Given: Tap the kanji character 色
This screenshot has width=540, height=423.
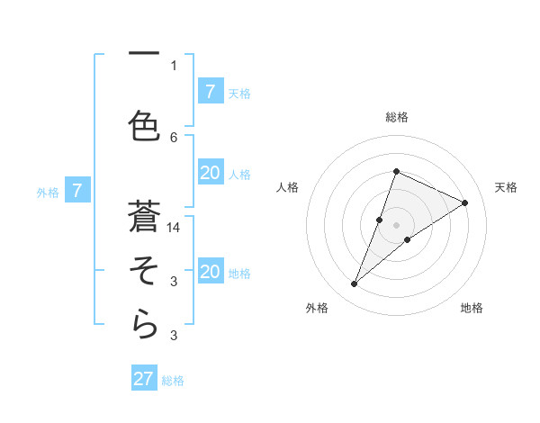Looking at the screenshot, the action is click(144, 123).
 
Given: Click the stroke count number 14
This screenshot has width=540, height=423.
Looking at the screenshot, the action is click(174, 228).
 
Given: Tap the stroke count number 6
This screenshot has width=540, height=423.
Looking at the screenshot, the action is click(174, 137).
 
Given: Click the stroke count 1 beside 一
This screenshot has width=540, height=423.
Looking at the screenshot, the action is click(174, 65).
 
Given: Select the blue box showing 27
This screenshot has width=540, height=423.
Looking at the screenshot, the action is click(144, 379).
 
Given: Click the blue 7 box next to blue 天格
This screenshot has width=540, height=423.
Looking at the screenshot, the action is click(210, 92).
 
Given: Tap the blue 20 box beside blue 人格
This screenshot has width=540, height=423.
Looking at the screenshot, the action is click(210, 174).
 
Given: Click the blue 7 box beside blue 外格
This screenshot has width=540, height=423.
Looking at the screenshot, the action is click(77, 191).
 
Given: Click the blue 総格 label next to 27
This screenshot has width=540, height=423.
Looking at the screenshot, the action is click(173, 381).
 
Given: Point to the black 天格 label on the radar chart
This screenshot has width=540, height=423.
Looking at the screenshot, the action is click(506, 187).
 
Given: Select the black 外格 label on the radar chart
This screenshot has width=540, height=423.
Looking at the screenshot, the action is click(317, 308).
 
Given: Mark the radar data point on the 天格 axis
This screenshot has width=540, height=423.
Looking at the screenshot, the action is click(465, 202).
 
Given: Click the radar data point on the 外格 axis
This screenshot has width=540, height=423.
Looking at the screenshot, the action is click(355, 284).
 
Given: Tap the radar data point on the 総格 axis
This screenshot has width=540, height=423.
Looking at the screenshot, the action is click(396, 171).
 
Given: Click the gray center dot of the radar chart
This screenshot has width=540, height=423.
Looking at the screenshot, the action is click(396, 225).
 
